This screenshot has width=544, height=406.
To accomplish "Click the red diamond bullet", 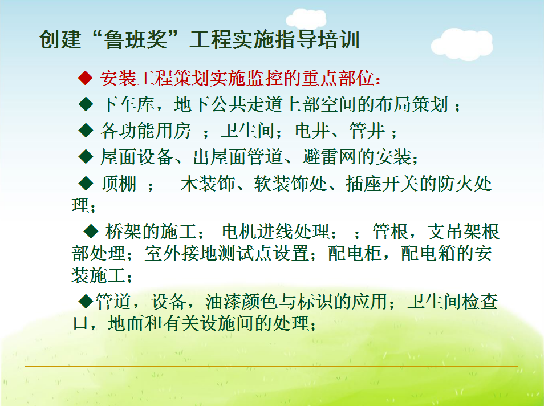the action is pos(85,78).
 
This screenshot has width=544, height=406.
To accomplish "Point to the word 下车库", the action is pos(128,104).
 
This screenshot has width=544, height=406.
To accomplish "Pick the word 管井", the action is pos(367,131).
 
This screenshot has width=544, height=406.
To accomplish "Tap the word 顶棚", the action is pos(118,184).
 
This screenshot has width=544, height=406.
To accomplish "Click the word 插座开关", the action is pos(381,184).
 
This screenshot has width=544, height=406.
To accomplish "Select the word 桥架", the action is pos(124,232).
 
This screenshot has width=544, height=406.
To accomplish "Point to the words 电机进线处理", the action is pos(276,232).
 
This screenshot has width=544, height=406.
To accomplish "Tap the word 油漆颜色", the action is pos(241,301).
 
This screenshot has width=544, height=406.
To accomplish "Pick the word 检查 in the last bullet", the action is pos(480,301).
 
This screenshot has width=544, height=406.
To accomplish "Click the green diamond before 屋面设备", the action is pos(86,156).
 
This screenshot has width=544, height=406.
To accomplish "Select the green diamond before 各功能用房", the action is pos(86,130).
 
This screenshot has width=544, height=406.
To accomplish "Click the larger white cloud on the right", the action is pos(462,44).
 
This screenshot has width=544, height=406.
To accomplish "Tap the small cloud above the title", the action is pos(306,19).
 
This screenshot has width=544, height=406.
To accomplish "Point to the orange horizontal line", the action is pos(271,366).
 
